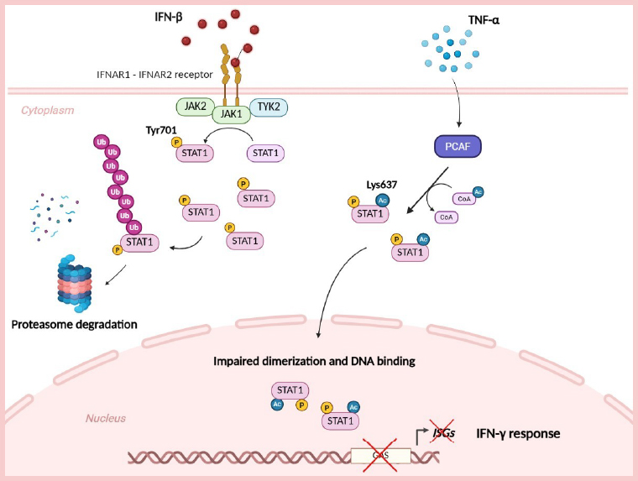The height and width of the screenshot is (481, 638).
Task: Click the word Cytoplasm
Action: click(x=48, y=110)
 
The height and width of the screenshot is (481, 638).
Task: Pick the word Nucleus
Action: click(x=106, y=417)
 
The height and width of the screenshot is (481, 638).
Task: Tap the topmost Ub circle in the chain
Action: click(x=100, y=142)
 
